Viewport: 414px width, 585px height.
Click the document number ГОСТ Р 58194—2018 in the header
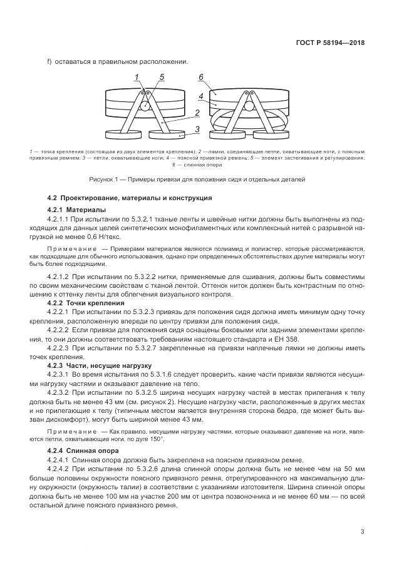[330, 43]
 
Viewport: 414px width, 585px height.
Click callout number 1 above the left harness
[136, 77]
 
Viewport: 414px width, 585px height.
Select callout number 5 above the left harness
[161, 77]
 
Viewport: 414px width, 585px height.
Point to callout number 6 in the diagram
[201, 77]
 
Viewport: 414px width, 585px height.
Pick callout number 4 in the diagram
[200, 97]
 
